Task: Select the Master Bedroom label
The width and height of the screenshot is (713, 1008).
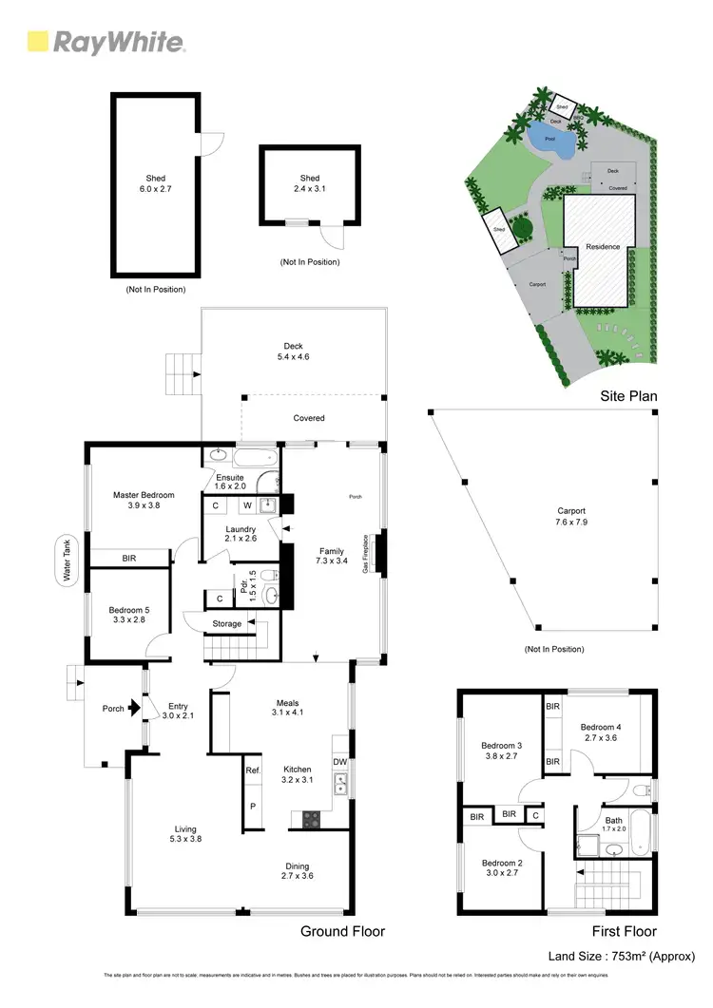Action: click(144, 500)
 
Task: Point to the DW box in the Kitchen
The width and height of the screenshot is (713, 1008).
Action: click(340, 761)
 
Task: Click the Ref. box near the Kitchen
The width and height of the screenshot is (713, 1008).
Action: click(253, 770)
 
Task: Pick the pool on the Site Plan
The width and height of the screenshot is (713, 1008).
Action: click(550, 142)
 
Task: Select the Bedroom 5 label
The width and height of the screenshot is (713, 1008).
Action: click(129, 615)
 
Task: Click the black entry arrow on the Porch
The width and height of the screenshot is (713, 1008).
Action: click(138, 708)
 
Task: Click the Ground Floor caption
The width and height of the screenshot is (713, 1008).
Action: click(342, 931)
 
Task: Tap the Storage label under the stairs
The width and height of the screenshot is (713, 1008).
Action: click(226, 623)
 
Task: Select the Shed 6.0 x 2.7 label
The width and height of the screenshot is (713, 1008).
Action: click(155, 183)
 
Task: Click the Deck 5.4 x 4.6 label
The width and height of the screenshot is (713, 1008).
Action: click(293, 352)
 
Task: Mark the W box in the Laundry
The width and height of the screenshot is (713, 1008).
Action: click(245, 505)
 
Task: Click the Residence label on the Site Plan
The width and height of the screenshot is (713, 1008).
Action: click(602, 247)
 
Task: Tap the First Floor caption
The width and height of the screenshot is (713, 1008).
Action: click(625, 931)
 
